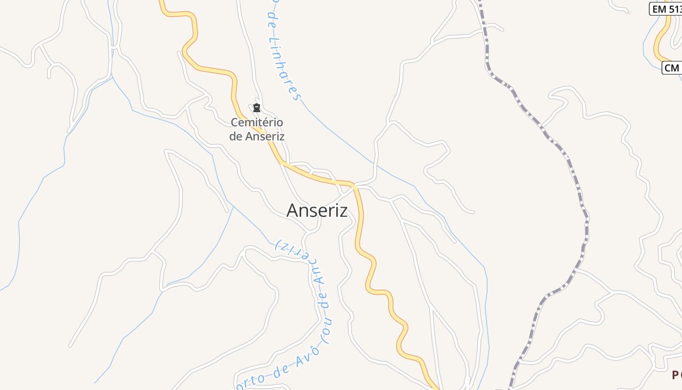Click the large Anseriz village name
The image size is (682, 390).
(x=317, y=211)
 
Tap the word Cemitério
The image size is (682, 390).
(x=257, y=122)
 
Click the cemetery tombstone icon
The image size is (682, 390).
(x=257, y=108)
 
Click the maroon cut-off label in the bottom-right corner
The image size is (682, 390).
(x=677, y=375)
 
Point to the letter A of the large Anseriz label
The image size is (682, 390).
(x=292, y=211)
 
